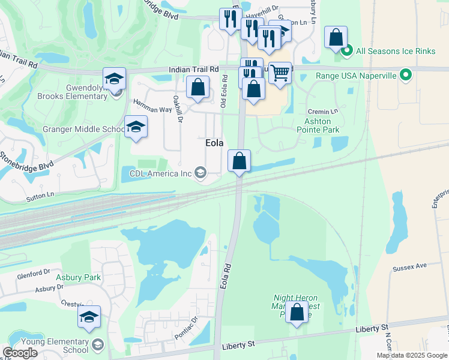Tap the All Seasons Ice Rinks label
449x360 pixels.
coord(396,51)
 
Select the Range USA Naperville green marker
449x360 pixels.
coord(406,76)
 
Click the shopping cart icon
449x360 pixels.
coord(280,73)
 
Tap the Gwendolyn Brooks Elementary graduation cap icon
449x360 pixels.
coord(114,79)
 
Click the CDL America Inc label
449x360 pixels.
coord(160,174)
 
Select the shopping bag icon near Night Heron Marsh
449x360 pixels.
coord(297,312)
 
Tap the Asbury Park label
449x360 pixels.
coord(78,278)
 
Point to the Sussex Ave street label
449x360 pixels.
coord(409,265)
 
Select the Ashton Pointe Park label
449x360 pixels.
coord(318,125)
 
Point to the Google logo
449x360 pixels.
coord(20,353)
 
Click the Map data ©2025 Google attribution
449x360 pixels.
coord(411,355)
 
